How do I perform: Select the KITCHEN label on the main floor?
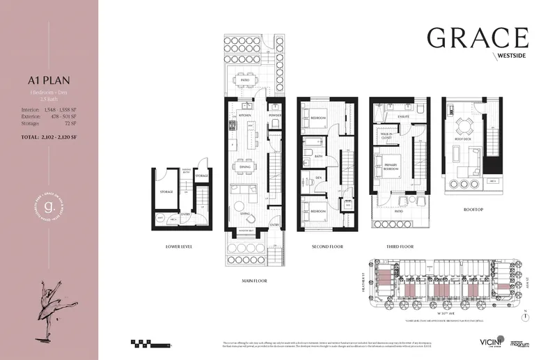(x=244, y=116)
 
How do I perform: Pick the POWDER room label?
(x=274, y=116)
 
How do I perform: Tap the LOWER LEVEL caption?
(x=180, y=246)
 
